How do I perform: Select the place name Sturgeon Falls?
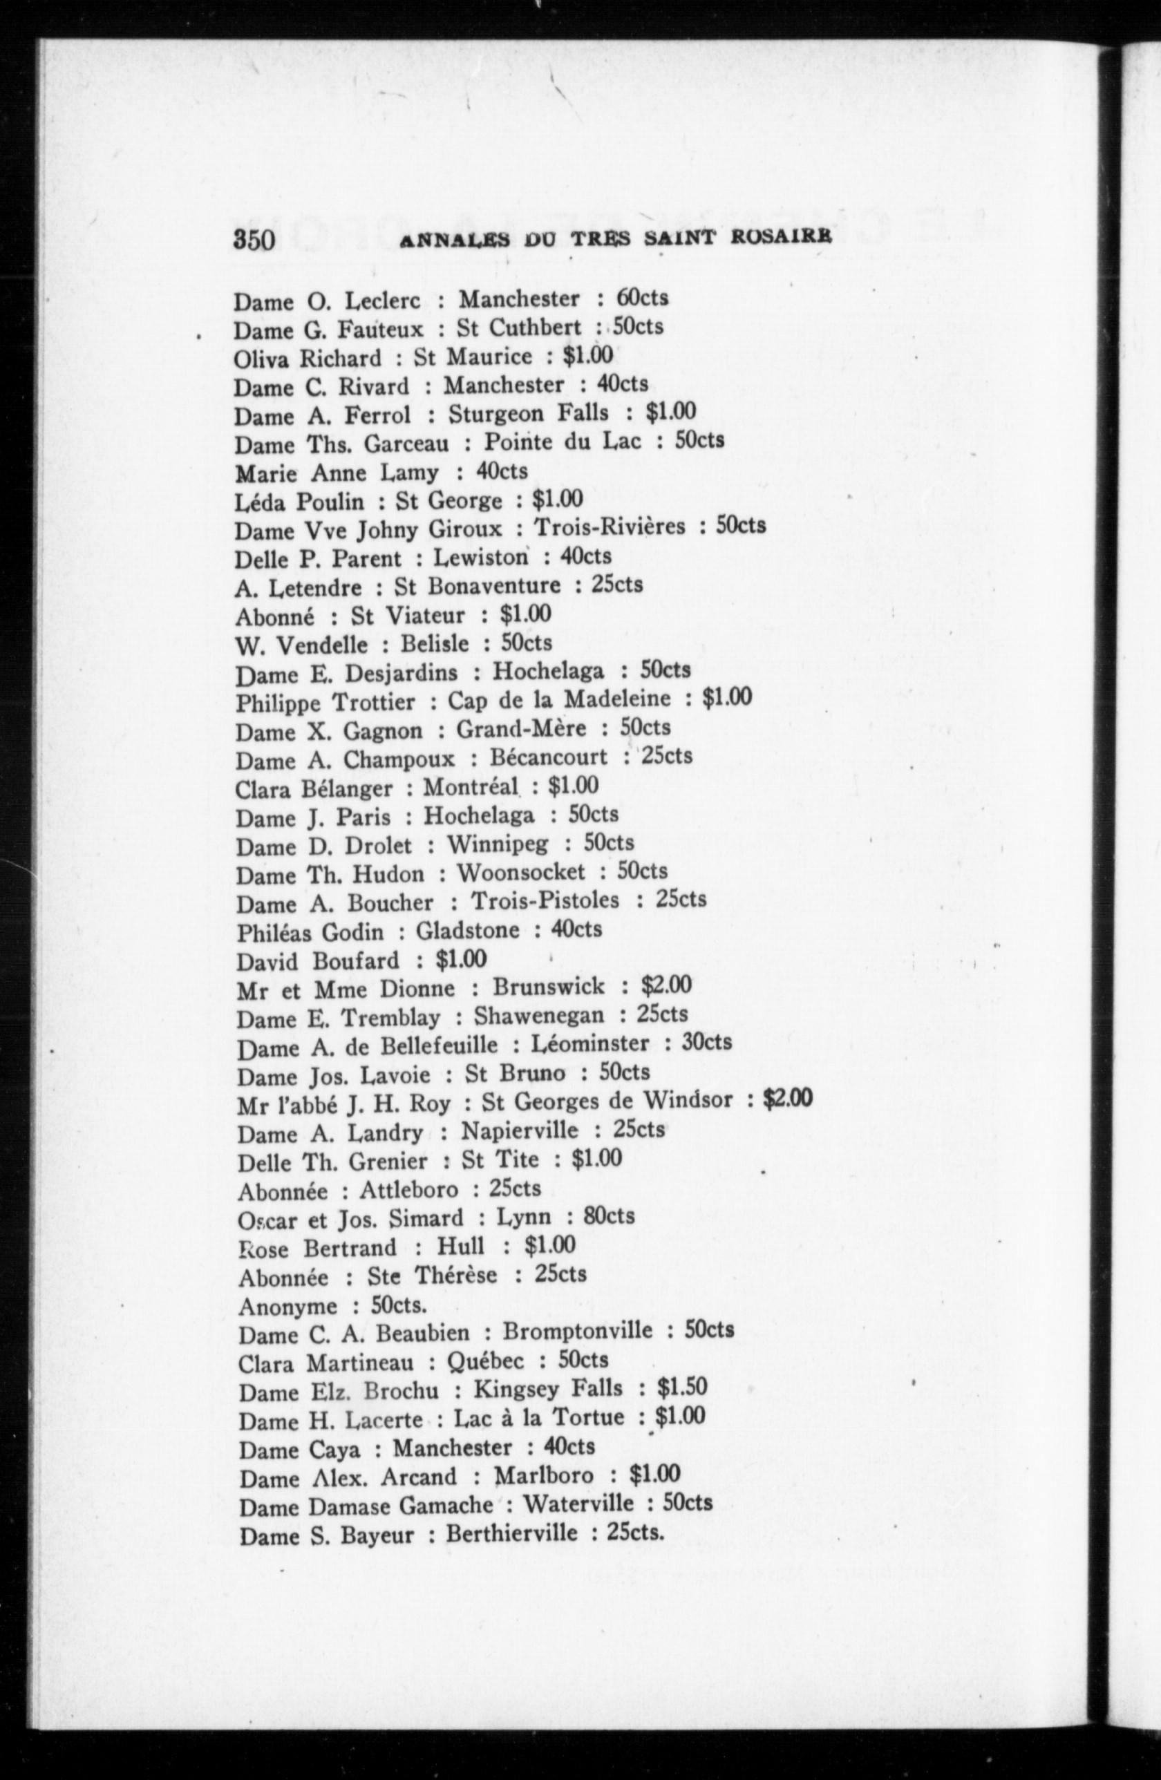coord(528,414)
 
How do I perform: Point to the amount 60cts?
coord(642,298)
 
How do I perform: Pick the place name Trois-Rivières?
coord(609,527)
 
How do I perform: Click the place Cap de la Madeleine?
coord(559,699)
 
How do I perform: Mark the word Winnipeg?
coord(498,845)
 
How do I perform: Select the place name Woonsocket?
coord(520,873)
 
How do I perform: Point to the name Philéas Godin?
coord(310,932)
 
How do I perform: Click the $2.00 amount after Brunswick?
coord(666,986)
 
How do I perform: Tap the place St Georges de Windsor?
coord(607,1101)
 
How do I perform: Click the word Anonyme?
coord(288,1307)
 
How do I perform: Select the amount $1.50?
coord(681,1388)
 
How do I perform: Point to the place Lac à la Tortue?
coord(538,1417)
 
